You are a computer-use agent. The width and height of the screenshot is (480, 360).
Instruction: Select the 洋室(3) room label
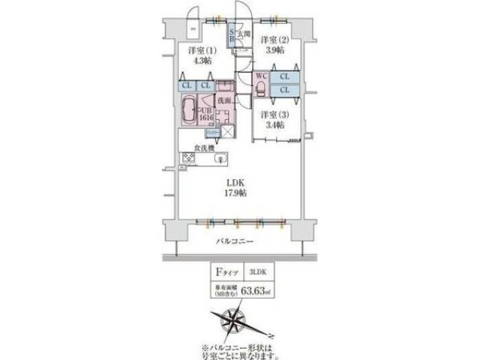pyautogui.click(x=274, y=115)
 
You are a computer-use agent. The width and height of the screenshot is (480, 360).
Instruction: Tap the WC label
pyautogui.click(x=262, y=76)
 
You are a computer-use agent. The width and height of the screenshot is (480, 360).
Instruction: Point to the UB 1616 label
pyautogui.click(x=206, y=113)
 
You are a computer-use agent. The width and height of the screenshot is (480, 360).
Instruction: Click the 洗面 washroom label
pyautogui.click(x=223, y=100)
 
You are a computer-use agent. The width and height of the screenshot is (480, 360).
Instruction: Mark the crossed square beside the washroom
pyautogui.click(x=228, y=133)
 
